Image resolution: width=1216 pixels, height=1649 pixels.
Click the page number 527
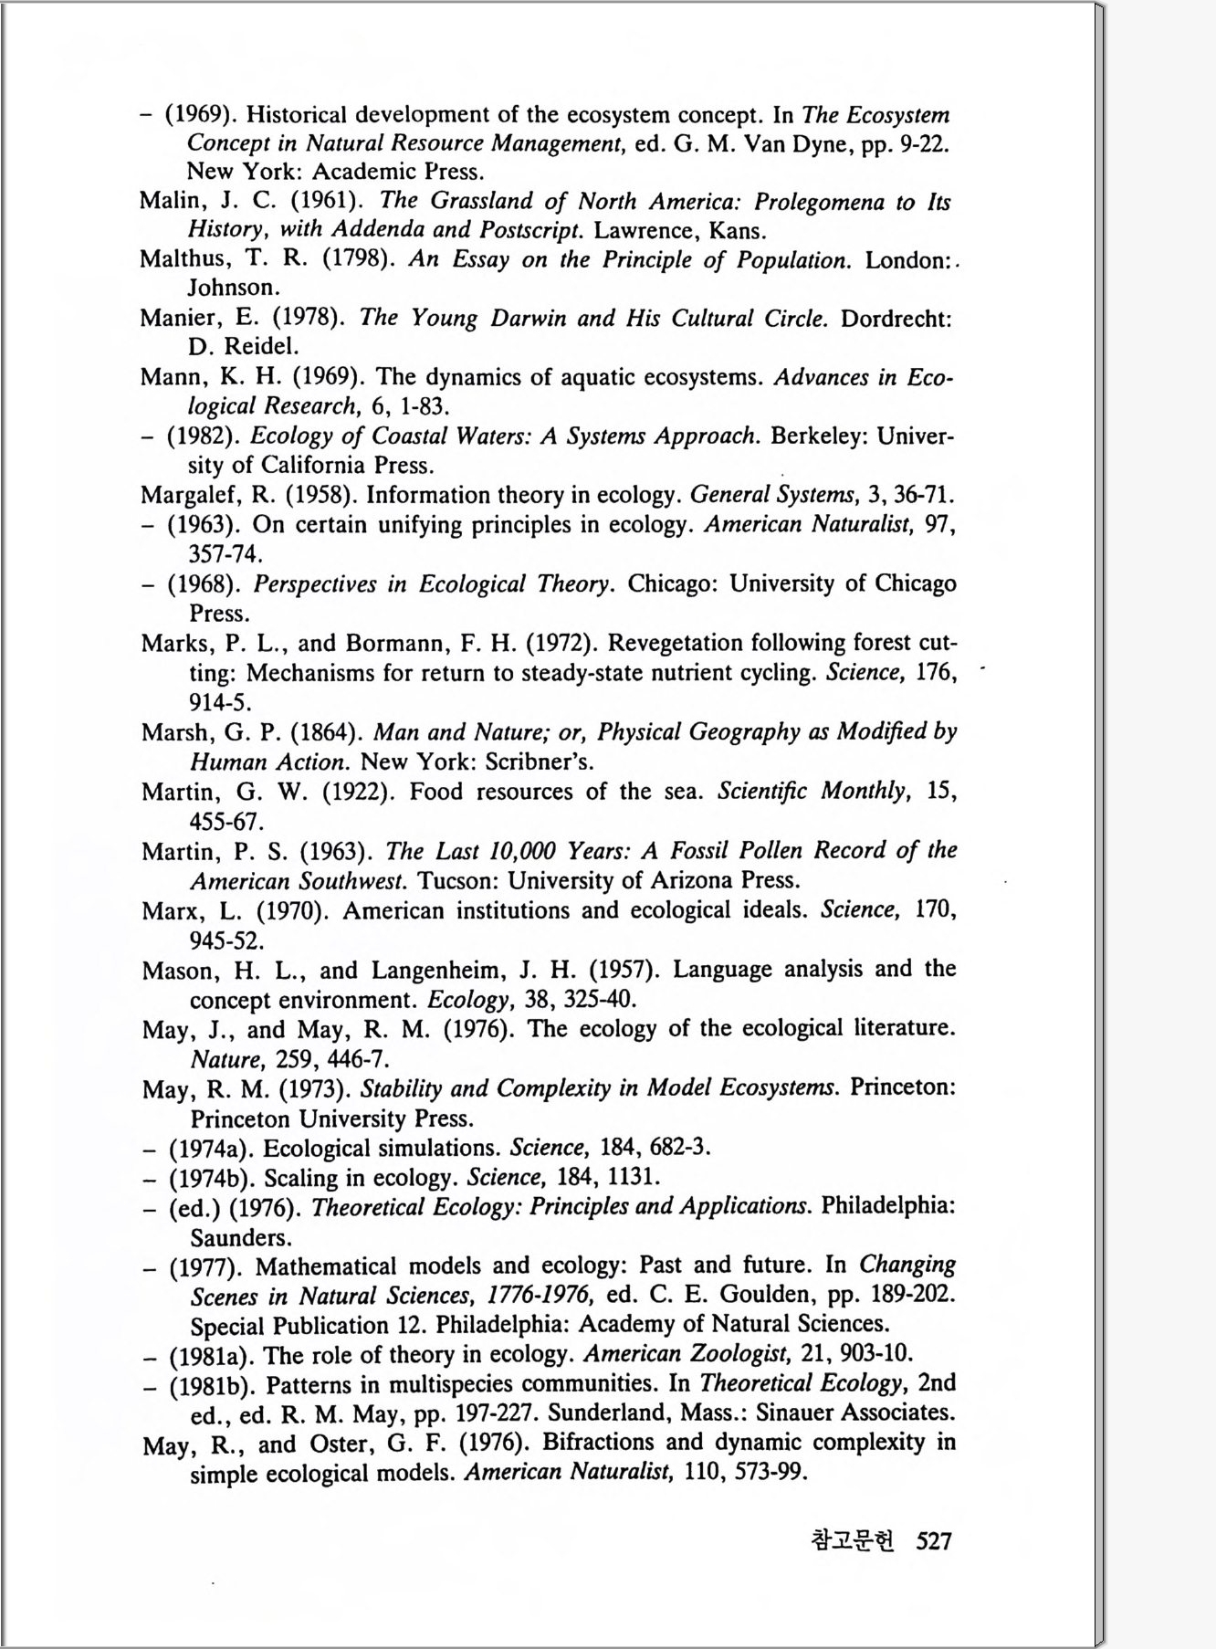pos(934,1541)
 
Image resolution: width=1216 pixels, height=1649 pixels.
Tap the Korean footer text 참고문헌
pos(853,1541)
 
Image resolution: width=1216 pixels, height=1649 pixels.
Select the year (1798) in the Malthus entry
pos(358,259)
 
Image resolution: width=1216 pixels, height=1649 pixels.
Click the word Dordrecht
pos(896,319)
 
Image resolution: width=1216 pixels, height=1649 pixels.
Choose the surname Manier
pos(178,319)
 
